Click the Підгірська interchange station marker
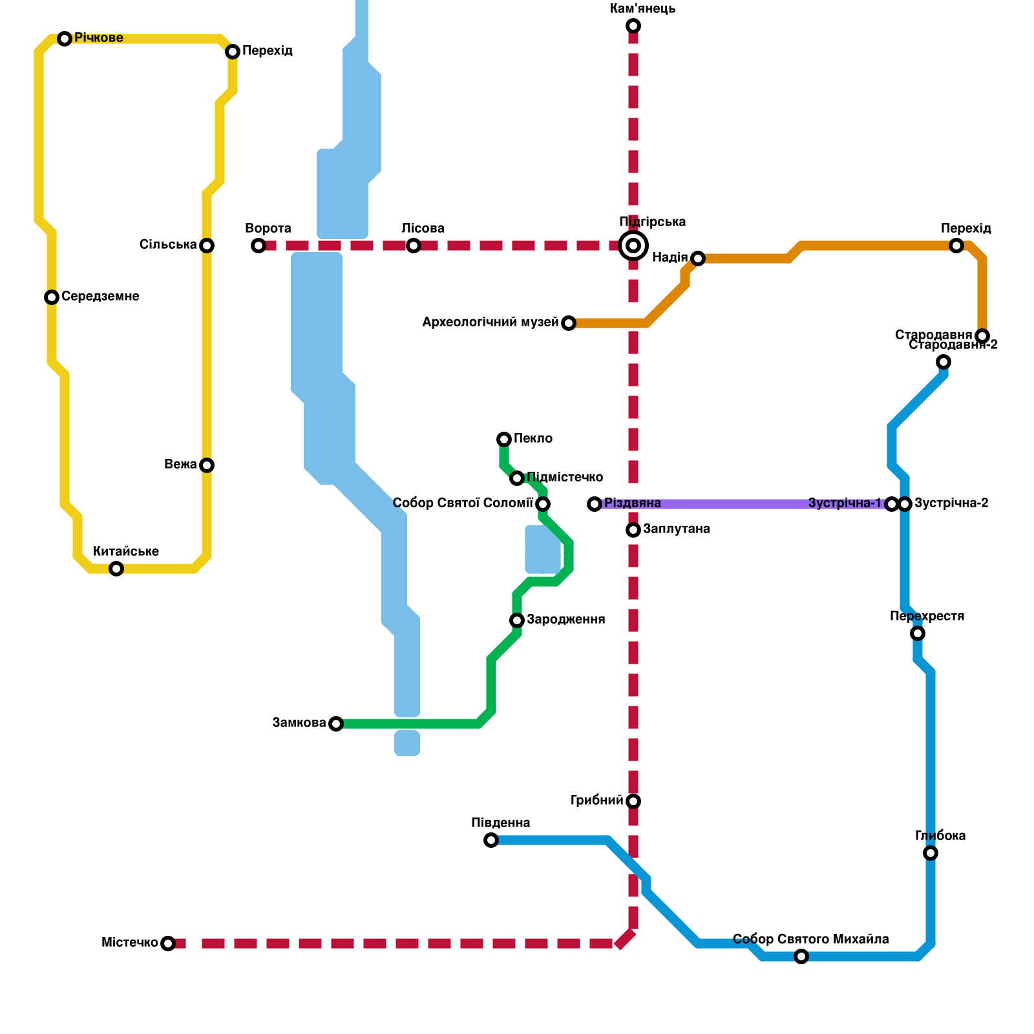(633, 246)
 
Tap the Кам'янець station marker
(633, 26)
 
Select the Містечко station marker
(168, 944)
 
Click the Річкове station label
(98, 38)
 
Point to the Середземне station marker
(52, 297)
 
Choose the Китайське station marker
(116, 569)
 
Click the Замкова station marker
(336, 724)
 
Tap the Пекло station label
(533, 439)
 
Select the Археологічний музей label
(490, 322)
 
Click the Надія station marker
(698, 258)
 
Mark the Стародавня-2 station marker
(944, 362)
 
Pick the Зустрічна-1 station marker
(892, 504)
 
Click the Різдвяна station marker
(595, 504)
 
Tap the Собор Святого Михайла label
(810, 940)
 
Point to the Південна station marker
(491, 840)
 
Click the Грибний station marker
(633, 801)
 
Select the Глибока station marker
(931, 853)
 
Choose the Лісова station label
(423, 229)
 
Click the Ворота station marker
(258, 246)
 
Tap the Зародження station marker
(517, 620)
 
